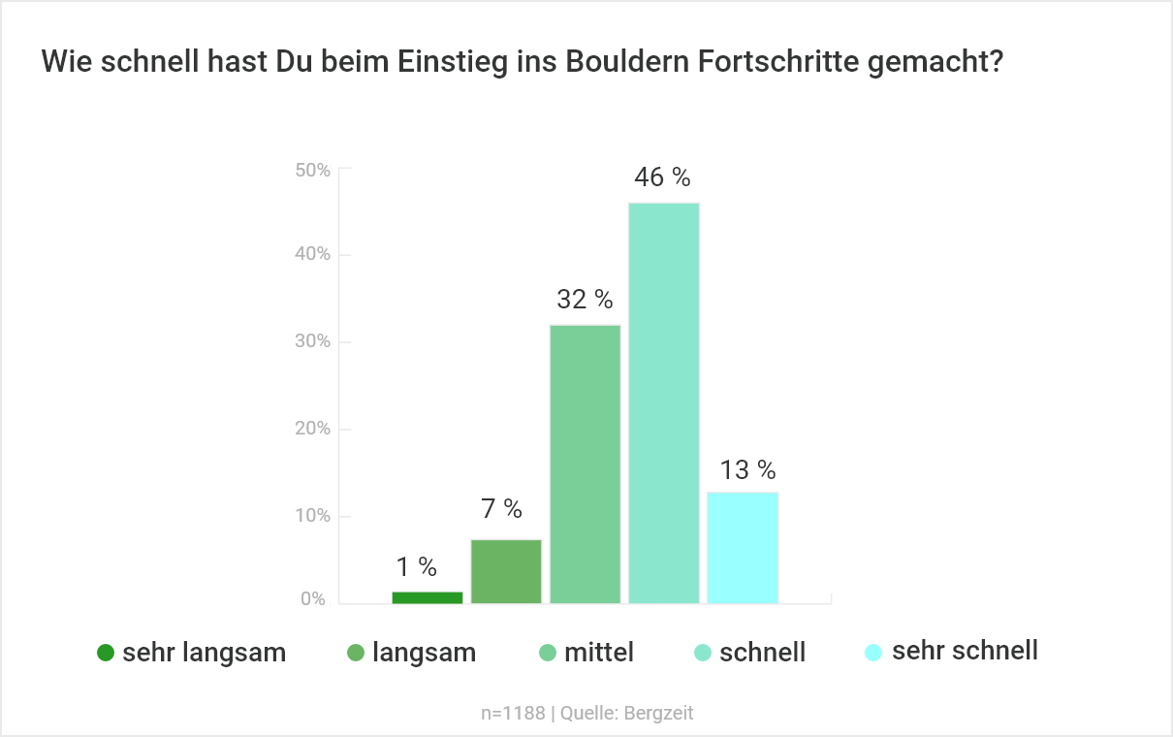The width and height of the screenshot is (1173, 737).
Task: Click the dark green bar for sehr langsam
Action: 428,597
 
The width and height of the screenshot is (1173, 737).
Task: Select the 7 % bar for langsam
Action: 506,571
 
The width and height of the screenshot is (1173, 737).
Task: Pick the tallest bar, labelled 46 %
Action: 664,402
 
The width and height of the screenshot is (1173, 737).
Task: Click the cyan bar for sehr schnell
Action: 743,547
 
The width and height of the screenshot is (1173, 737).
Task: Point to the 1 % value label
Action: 416,567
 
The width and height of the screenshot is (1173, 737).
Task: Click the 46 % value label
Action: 662,177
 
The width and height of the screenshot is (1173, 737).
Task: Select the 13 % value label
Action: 747,470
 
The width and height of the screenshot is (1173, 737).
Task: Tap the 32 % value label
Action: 585,300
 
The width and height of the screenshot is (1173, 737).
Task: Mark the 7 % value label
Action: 501,508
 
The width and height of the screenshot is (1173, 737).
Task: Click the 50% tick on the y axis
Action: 312,170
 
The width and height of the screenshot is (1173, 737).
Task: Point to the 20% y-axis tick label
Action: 312,429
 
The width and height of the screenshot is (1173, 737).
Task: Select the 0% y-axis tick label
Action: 313,599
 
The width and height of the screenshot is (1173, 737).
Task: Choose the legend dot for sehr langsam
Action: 107,653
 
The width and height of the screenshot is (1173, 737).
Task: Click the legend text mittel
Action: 598,653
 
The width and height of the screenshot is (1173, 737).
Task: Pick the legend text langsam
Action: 424,653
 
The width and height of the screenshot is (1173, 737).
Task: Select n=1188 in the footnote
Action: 514,714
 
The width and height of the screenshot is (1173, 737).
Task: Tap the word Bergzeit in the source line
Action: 659,714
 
